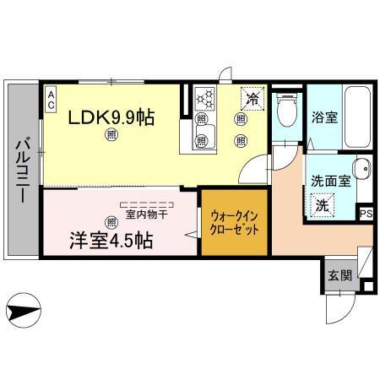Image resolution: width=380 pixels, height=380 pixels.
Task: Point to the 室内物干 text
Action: pyautogui.click(x=149, y=214)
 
